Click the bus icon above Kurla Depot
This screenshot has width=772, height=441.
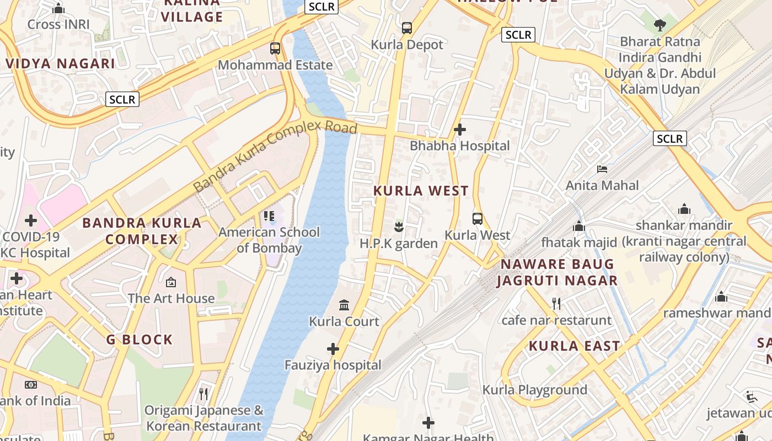pos(407,28)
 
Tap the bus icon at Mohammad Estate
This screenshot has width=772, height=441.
pos(275,49)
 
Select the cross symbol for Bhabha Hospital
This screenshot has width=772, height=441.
pos(459,130)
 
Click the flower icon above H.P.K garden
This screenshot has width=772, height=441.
pos(399,226)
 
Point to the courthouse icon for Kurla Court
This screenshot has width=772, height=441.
pos(344,305)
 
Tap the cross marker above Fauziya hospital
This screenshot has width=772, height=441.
pos(333,348)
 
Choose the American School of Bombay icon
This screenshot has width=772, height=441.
pos(269,216)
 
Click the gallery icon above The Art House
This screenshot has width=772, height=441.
pos(171,282)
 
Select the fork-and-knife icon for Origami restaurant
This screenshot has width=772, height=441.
pos(203,394)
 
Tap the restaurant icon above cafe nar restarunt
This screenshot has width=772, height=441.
pos(556,303)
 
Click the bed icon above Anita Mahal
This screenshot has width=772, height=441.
pos(602,169)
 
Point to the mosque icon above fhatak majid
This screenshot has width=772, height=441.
pos(579,226)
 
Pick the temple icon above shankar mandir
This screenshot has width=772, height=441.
pos(684,209)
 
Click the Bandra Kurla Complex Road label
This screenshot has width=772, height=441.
pos(275,156)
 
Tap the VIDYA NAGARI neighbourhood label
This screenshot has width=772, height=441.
pos(61,63)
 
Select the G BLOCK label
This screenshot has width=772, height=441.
pos(140,340)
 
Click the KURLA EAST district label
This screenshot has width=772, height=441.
pos(575,346)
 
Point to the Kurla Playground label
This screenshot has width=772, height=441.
pos(535,390)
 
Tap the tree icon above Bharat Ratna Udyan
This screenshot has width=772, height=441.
pos(660,25)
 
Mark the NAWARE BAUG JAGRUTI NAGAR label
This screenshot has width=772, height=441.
pos(557,272)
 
